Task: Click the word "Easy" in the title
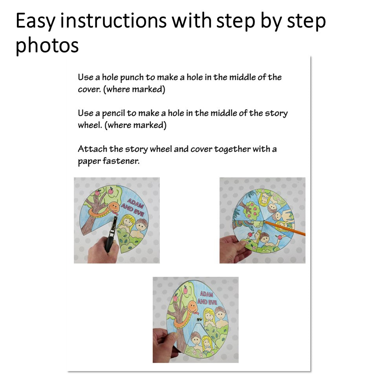[36, 21]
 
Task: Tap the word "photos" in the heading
[47, 45]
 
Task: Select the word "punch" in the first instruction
[132, 78]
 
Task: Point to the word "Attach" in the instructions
[92, 149]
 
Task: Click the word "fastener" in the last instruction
[121, 161]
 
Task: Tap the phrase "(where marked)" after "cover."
[134, 90]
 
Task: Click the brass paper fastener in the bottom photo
[199, 320]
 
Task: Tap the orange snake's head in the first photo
[113, 207]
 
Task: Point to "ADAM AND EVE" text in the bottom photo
[207, 298]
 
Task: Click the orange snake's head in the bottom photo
[192, 307]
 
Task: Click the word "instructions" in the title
[113, 20]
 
